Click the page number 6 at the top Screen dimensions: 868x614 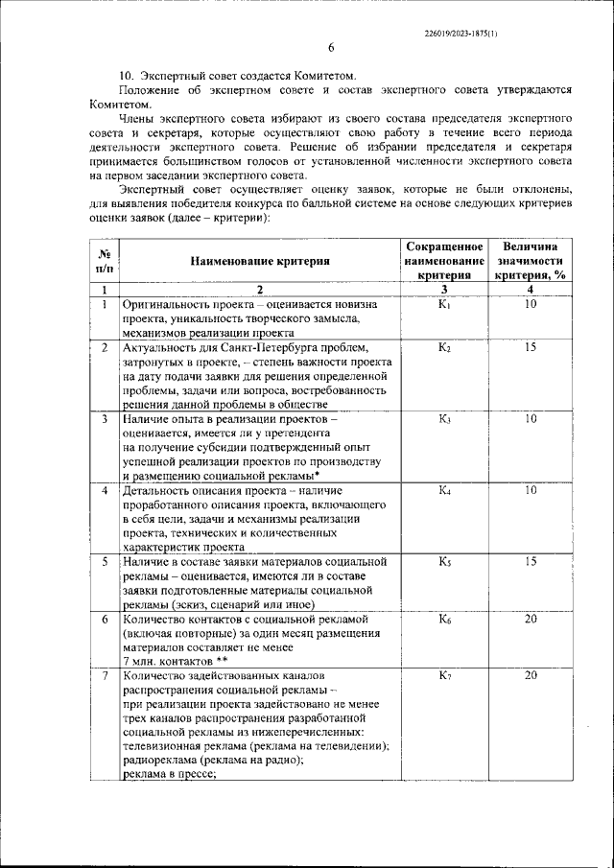pyautogui.click(x=330, y=48)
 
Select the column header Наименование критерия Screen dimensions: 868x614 pyautogui.click(x=259, y=260)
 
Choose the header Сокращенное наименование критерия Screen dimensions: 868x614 pyautogui.click(x=444, y=261)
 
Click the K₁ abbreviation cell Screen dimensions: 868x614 pyautogui.click(x=444, y=304)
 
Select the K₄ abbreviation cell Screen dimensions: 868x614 pyautogui.click(x=444, y=491)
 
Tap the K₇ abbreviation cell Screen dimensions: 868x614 pyautogui.click(x=444, y=676)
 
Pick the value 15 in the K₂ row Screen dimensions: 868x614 pyautogui.click(x=531, y=346)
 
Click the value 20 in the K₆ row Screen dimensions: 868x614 pyautogui.click(x=531, y=620)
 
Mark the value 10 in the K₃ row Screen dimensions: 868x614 pyautogui.click(x=531, y=418)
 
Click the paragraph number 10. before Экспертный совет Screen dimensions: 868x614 pyautogui.click(x=126, y=75)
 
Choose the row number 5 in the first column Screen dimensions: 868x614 pyautogui.click(x=104, y=561)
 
